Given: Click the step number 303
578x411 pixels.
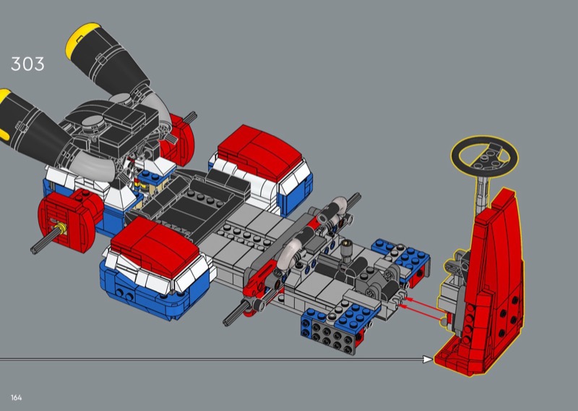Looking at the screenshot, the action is coord(27,64).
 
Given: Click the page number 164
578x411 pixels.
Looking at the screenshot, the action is coord(16,398).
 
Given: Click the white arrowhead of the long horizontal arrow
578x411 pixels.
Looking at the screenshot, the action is coord(428,359).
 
